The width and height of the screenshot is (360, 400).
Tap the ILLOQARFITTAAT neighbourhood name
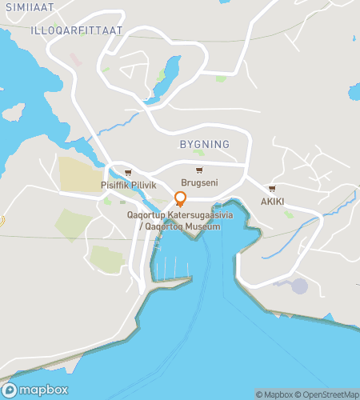click(76, 30)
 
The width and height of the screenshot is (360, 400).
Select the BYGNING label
click(205, 144)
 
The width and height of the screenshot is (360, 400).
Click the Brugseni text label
click(199, 182)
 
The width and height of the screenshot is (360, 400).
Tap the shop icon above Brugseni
click(199, 170)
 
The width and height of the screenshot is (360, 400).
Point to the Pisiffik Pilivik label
click(128, 185)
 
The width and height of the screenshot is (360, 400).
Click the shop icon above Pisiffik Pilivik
click(128, 173)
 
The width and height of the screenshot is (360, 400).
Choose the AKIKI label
click(272, 202)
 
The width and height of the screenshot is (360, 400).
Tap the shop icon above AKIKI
click(272, 189)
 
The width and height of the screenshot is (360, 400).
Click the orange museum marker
click(180, 198)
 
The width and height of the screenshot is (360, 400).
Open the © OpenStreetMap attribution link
click(329, 394)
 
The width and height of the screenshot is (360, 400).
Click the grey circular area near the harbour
click(298, 286)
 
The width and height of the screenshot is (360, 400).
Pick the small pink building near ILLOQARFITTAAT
click(75, 60)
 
